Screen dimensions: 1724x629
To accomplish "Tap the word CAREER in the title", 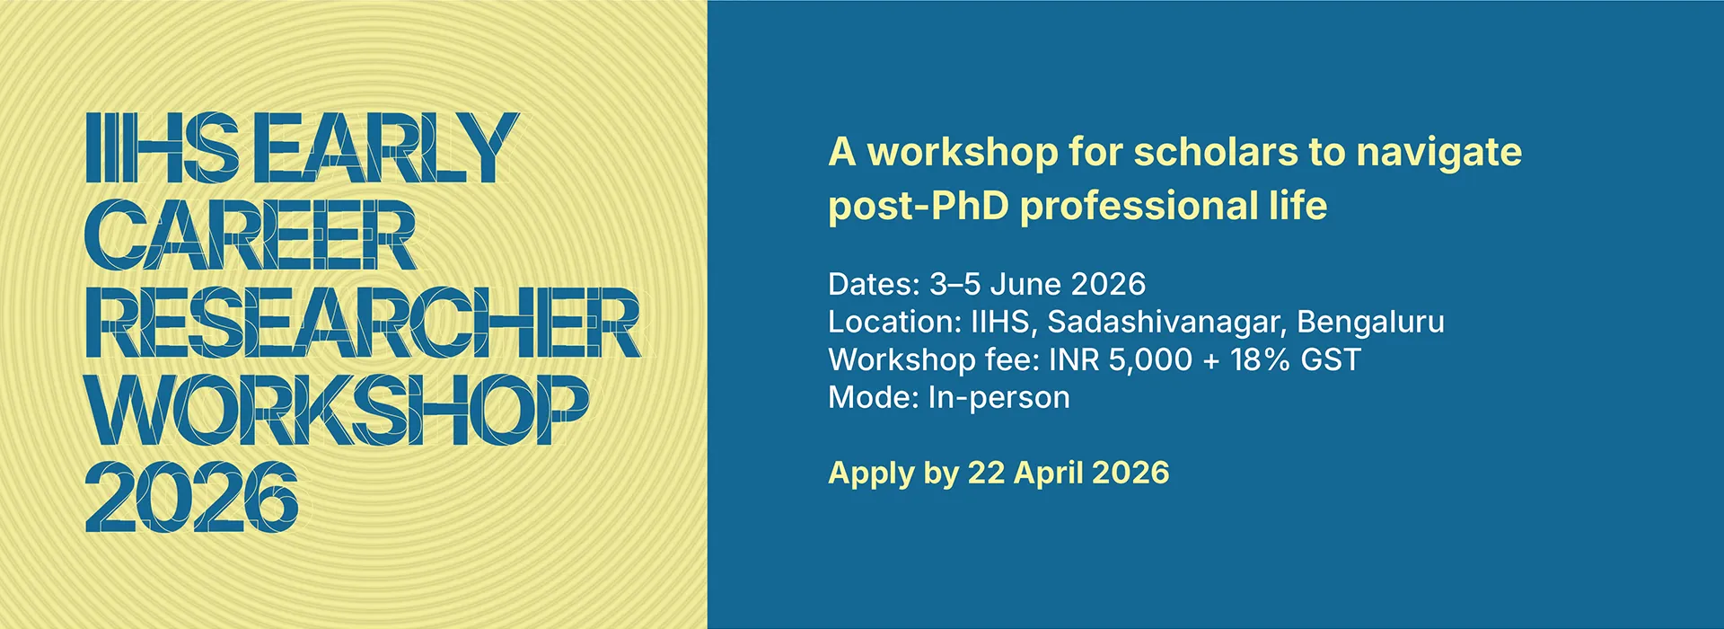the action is point(251,235).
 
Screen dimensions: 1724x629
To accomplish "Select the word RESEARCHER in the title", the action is point(363,323).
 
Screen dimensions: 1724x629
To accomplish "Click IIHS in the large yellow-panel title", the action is point(163,148).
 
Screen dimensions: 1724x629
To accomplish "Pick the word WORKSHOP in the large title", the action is point(338,410).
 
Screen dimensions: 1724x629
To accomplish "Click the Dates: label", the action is point(874,284).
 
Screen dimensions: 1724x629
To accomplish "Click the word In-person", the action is point(998,398).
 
